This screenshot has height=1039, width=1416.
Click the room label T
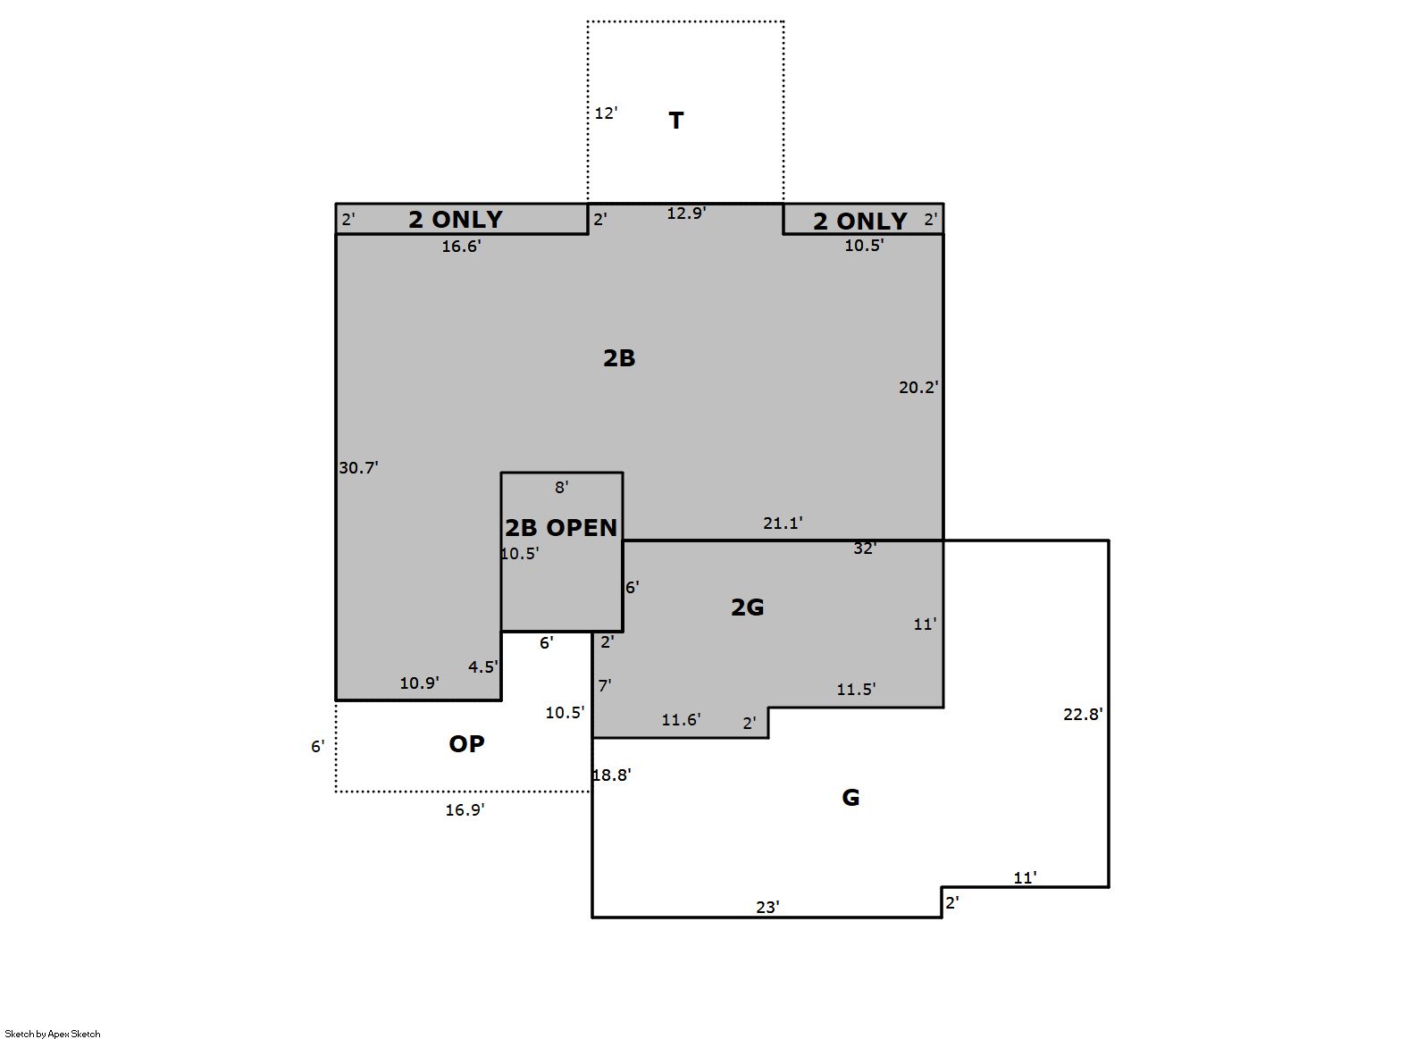(x=675, y=120)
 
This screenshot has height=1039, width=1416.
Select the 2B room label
(x=619, y=358)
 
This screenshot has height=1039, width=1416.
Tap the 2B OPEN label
(x=561, y=528)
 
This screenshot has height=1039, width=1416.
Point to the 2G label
(x=747, y=607)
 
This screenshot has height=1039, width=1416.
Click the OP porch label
(x=466, y=744)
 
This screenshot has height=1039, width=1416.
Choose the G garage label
(x=850, y=798)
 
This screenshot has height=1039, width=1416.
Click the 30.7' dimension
(x=358, y=467)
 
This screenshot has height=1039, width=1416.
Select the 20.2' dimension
(x=918, y=387)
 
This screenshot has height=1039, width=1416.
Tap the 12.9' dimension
(x=686, y=213)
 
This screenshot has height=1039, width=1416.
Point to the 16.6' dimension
(x=461, y=246)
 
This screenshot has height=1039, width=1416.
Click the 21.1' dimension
(x=783, y=523)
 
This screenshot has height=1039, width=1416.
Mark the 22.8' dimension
(x=1083, y=714)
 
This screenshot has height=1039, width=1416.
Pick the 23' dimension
(x=767, y=908)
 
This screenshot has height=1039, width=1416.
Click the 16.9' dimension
(x=465, y=809)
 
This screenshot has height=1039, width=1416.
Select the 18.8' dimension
(x=612, y=775)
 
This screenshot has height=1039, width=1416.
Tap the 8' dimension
(x=561, y=487)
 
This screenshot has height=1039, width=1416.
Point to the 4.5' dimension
(x=483, y=666)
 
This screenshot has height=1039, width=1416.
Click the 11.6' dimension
(x=681, y=720)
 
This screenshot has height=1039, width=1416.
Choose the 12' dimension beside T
(x=606, y=113)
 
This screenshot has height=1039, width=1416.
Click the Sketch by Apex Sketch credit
(x=53, y=1034)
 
